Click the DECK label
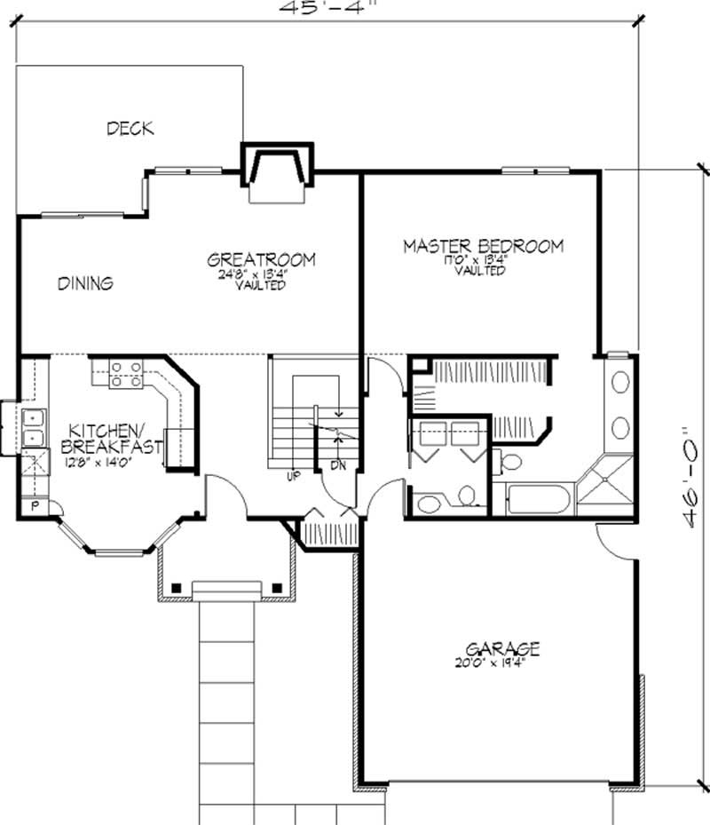point(130,129)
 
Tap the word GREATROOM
point(261,259)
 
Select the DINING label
point(85,284)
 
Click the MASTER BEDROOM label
point(483,246)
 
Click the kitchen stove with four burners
point(126,374)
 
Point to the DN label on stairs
point(338,465)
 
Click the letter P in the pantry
point(35,506)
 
